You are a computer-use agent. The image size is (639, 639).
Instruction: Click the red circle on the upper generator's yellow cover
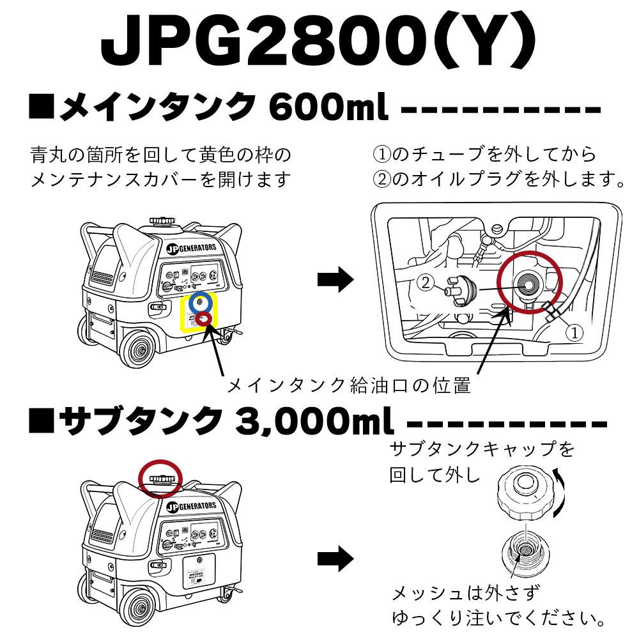coord(204,318)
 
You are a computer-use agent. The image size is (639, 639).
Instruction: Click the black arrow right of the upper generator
coord(335,279)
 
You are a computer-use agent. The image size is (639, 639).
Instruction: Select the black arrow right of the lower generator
coord(335,558)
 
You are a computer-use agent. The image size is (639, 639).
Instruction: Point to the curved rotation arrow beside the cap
coord(560,489)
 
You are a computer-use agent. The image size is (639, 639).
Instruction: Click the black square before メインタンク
coord(42,105)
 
